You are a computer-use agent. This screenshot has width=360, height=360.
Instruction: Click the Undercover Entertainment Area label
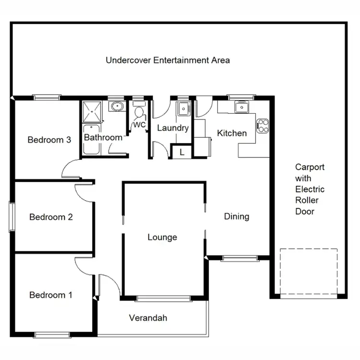168,60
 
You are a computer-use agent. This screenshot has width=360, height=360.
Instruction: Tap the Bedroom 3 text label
49,140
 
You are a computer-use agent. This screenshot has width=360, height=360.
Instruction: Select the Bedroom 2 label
51,217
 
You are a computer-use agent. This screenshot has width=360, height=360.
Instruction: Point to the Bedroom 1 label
51,295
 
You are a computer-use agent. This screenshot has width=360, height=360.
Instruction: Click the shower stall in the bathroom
92,112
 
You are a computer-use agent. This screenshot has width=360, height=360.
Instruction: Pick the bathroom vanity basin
116,106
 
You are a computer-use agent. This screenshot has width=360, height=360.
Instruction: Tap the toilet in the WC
139,112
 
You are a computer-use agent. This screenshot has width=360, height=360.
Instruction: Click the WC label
139,125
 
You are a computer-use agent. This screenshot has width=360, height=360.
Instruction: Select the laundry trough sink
183,109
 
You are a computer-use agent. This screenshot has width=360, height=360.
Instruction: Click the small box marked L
181,152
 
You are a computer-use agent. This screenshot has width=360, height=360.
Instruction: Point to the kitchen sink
241,107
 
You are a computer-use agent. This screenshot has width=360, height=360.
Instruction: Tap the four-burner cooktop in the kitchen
263,126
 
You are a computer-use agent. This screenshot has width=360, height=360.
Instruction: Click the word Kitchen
232,133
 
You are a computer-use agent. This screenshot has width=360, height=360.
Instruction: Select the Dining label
237,216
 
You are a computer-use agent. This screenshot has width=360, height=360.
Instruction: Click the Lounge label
162,238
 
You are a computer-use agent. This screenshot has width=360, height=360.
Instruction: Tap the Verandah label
148,318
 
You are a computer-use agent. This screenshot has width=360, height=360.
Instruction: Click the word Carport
310,168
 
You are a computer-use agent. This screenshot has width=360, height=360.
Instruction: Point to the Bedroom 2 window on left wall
12,217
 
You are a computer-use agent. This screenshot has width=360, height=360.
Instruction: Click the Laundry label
173,128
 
